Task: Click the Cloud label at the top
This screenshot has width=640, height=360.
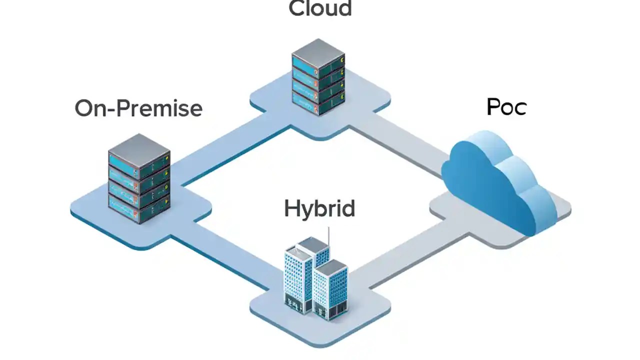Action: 320,8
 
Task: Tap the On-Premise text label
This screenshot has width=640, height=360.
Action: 138,108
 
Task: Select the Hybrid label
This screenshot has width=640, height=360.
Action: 319,208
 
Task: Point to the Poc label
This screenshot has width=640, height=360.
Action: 506,107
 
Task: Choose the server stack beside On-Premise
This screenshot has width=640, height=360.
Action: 139,178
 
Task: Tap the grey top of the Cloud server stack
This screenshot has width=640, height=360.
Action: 318,49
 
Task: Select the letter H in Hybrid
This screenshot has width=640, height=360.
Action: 292,208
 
